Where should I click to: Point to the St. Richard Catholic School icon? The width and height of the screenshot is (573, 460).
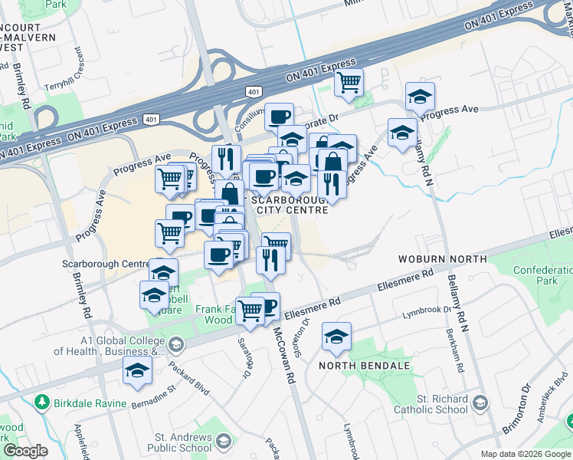pyautogui.click(x=480, y=402)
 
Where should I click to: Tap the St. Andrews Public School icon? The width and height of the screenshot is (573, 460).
pyautogui.click(x=223, y=441)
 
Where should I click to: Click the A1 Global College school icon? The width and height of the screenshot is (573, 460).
pyautogui.click(x=176, y=344)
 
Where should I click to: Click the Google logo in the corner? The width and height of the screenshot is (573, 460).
pyautogui.click(x=25, y=451)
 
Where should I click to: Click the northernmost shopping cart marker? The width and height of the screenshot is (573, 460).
pyautogui.click(x=349, y=80)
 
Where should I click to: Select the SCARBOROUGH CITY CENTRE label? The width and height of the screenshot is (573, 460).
pyautogui.click(x=292, y=204)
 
